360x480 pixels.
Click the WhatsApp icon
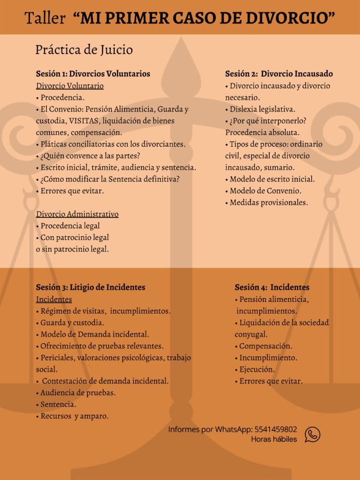pos(312,434)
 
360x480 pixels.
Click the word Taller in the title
pos(45,18)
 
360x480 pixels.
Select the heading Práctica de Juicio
pos(84,50)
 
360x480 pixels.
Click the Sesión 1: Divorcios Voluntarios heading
pos(93,74)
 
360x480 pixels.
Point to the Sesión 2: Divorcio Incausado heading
pos(279,74)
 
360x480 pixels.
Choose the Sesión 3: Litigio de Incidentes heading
pos(90,287)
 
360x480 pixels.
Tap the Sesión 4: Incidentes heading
pos(272,287)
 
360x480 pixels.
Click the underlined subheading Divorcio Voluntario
pos(70,86)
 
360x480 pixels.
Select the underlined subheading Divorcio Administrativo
pos(77,214)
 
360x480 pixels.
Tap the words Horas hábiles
pos(274,439)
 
